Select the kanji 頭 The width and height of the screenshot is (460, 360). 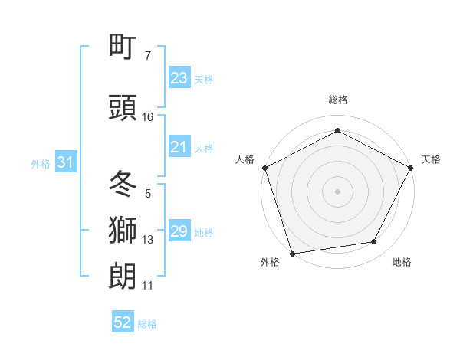(123, 109)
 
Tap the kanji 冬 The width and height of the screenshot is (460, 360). (123, 185)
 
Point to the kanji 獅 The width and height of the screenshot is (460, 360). (123, 231)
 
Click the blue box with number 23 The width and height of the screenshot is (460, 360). (179, 78)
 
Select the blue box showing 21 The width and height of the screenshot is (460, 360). (179, 147)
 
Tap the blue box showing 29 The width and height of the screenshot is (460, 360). (179, 231)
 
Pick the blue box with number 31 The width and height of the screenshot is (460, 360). (65, 162)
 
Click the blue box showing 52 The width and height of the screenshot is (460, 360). (123, 323)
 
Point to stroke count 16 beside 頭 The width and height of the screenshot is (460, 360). (148, 117)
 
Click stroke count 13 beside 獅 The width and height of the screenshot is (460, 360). (148, 240)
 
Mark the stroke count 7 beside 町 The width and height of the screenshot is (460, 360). (147, 56)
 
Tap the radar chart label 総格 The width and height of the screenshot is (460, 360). (338, 100)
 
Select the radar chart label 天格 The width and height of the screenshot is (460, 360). (431, 159)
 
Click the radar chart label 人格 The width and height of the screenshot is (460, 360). (245, 159)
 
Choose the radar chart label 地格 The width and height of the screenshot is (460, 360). (402, 262)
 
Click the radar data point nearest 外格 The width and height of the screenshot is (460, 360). (291, 253)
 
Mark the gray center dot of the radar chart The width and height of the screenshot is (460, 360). (338, 191)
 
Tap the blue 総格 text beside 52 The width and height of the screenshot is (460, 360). (147, 324)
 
